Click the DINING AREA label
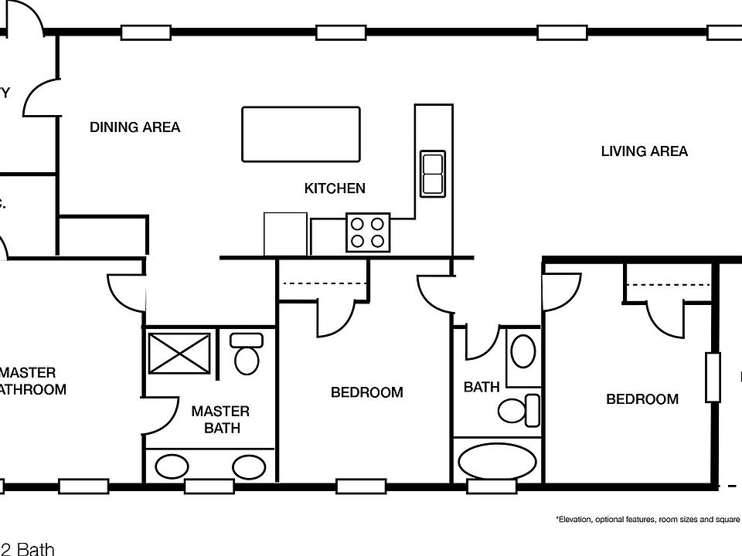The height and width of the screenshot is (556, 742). tap(134, 127)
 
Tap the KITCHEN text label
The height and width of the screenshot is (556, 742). tap(334, 188)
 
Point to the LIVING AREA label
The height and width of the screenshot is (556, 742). tap(644, 151)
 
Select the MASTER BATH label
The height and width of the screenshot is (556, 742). tap(220, 419)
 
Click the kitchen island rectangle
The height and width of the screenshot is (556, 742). tap(301, 134)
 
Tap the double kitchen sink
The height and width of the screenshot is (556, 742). tap(432, 174)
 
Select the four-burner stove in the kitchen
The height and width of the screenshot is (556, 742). tap(367, 232)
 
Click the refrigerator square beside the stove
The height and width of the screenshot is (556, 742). tap(285, 234)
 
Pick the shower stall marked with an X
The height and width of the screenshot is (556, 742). tap(180, 354)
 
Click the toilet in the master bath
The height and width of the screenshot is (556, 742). tap(247, 354)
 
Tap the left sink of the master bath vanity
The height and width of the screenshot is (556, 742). tap(172, 466)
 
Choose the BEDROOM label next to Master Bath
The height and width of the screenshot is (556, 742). tap(366, 392)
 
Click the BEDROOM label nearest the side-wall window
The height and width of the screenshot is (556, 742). tap(642, 399)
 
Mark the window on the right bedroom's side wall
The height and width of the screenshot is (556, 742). tap(712, 378)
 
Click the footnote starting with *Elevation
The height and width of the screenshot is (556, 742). tap(648, 520)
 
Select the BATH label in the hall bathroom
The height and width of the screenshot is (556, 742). tap(481, 387)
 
